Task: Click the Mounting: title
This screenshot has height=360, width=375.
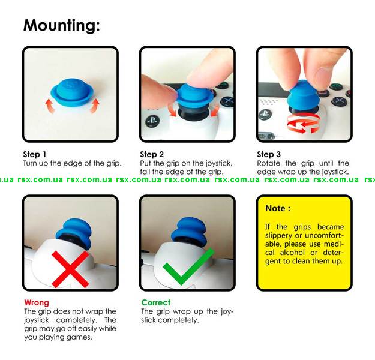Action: pyautogui.click(x=61, y=26)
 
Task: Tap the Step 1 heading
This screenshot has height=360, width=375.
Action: pyautogui.click(x=35, y=154)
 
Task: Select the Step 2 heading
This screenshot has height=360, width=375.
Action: pyautogui.click(x=152, y=154)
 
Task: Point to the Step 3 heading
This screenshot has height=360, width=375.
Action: pyautogui.click(x=269, y=154)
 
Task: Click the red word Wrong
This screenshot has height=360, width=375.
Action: pyautogui.click(x=37, y=302)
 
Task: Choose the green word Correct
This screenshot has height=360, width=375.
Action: pyautogui.click(x=155, y=302)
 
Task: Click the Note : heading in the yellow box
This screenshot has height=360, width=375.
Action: pyautogui.click(x=278, y=208)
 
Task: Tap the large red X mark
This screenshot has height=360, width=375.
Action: pyautogui.click(x=71, y=269)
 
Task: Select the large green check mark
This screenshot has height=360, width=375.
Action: pyautogui.click(x=188, y=266)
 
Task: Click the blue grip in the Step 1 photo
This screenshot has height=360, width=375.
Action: pyautogui.click(x=72, y=92)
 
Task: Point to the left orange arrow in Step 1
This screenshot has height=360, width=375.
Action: pyautogui.click(x=50, y=106)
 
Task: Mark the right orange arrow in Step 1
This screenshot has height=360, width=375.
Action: pyautogui.click(x=95, y=105)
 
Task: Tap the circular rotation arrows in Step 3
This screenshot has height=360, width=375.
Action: pyautogui.click(x=303, y=123)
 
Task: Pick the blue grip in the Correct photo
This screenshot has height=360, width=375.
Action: pyautogui.click(x=189, y=231)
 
